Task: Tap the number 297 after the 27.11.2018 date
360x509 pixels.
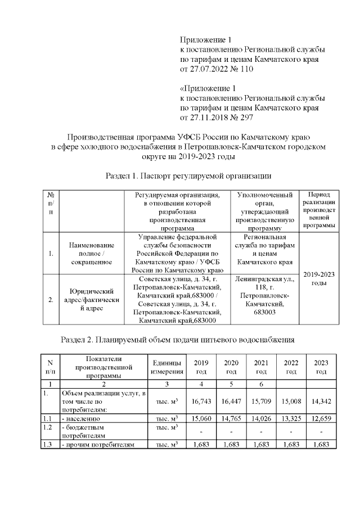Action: [246, 118]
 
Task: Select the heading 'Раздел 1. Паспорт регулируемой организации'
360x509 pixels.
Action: [181, 176]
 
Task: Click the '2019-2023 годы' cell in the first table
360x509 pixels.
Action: [319, 278]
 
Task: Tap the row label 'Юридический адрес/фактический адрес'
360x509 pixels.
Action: [91, 300]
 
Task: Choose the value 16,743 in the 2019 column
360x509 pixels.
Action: [200, 402]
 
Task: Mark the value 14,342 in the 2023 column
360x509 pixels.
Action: [321, 402]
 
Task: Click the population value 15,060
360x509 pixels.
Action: [200, 418]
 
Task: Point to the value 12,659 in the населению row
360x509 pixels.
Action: [321, 418]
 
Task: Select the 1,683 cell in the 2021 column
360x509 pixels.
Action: [260, 445]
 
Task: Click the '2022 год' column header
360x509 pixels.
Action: [291, 367]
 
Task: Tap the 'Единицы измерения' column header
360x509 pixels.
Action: [167, 367]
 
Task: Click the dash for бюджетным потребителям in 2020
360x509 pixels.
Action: [231, 431]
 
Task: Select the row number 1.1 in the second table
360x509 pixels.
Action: [49, 418]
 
